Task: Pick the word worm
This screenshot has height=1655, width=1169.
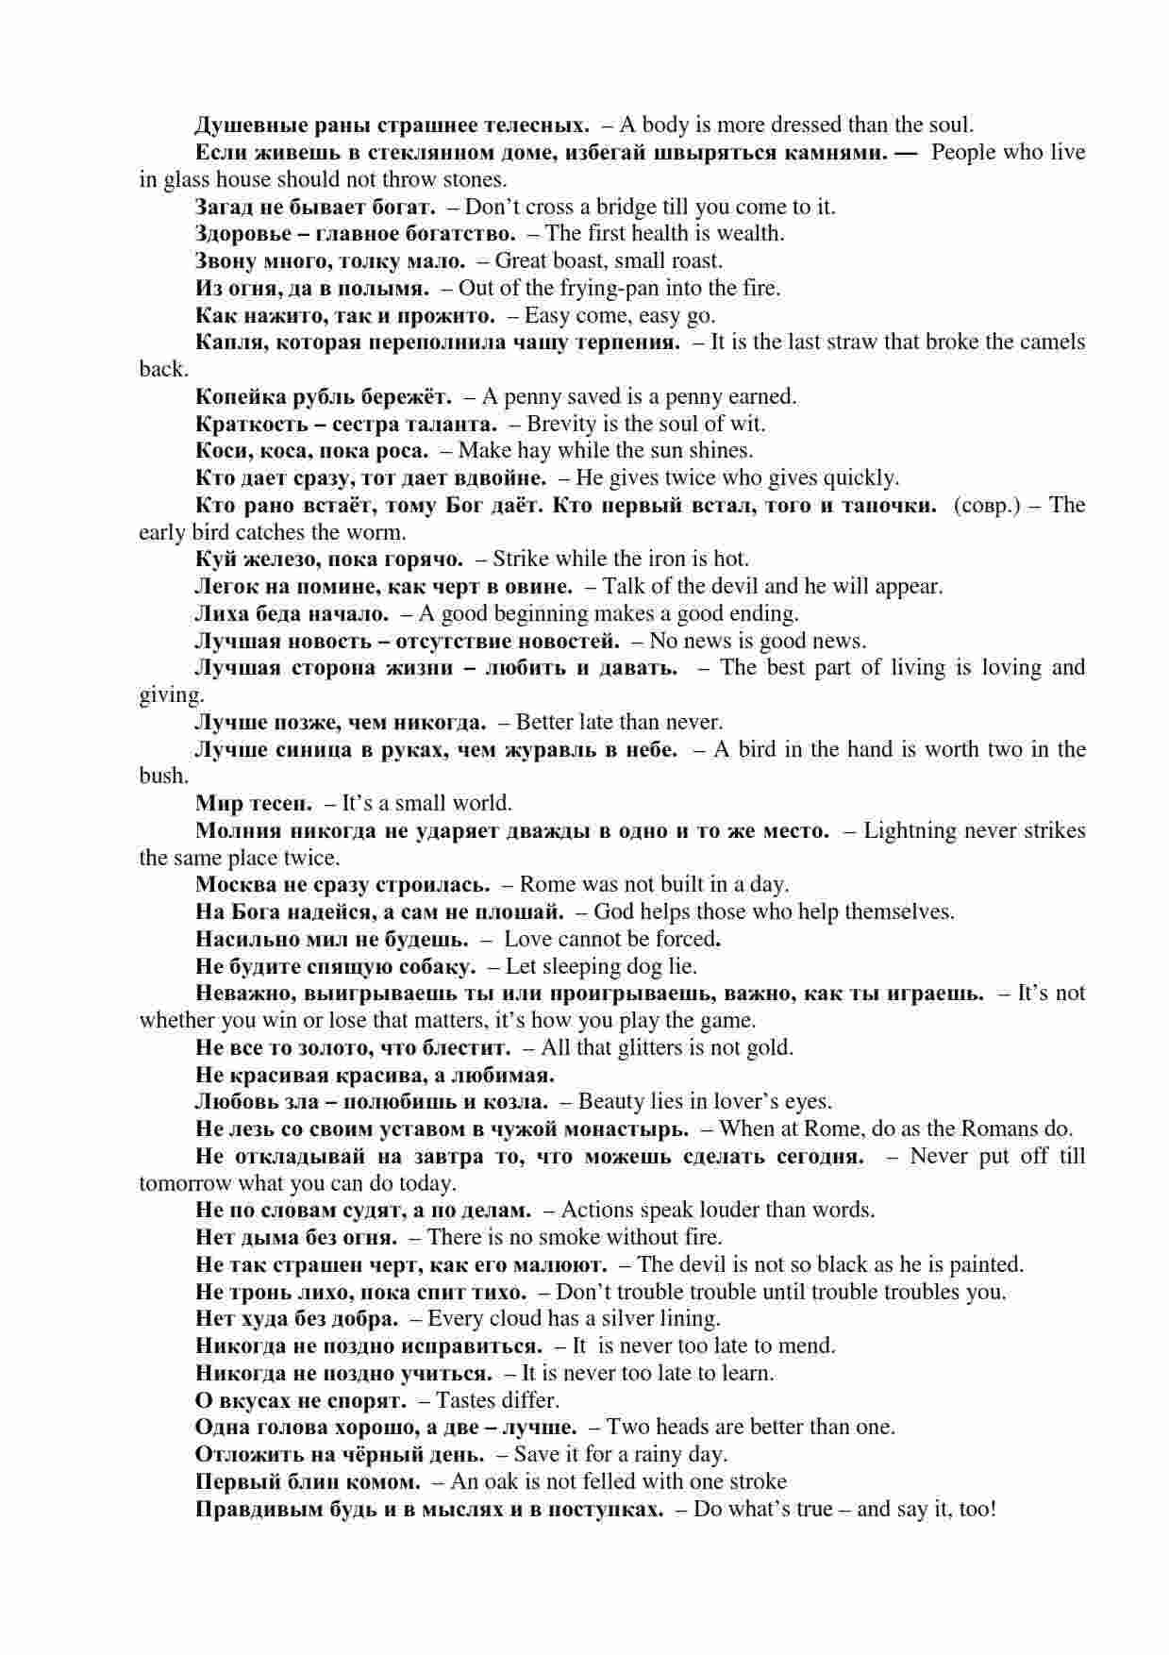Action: click(x=382, y=532)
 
